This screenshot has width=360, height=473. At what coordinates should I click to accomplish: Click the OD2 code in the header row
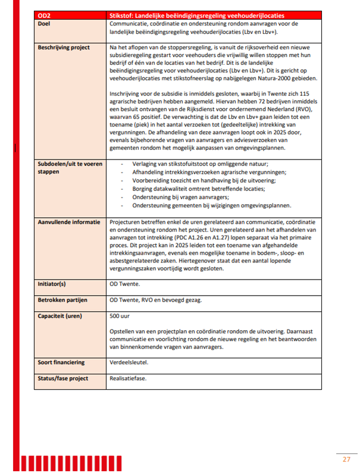coord(43,15)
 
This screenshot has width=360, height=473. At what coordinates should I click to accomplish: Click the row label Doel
coord(43,23)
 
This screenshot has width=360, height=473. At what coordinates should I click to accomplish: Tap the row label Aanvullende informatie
coord(68,221)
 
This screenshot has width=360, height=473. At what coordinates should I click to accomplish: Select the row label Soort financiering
coord(61,362)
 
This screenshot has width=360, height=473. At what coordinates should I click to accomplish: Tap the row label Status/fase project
coord(62,378)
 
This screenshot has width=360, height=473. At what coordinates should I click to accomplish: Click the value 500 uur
coord(120,315)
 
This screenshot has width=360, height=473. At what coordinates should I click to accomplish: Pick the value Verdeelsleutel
coord(129,362)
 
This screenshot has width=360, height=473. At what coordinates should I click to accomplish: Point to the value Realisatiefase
coord(128,378)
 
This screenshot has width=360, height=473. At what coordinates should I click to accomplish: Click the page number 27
coord(346,459)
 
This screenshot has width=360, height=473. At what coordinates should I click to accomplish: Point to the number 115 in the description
coord(305,93)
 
